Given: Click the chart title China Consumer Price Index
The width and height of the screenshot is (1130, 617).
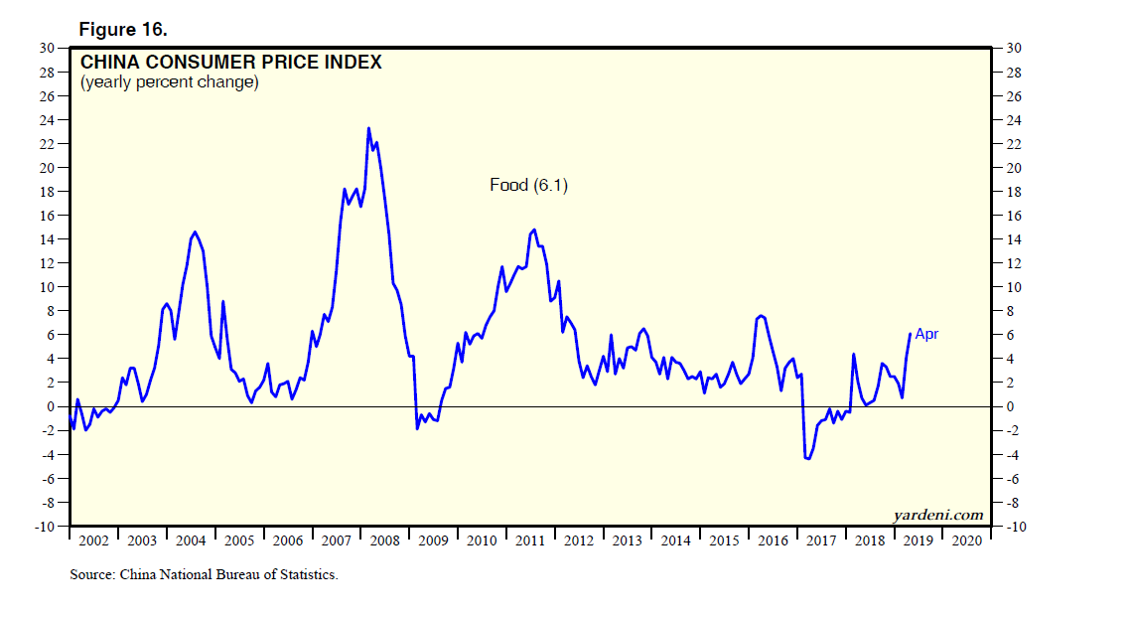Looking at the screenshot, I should tap(230, 63).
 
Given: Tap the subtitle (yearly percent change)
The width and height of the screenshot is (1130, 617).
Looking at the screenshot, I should tap(169, 82).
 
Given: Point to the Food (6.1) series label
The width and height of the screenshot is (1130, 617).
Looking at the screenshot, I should tap(529, 185).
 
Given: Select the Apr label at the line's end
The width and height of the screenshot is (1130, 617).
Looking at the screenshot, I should tap(926, 334).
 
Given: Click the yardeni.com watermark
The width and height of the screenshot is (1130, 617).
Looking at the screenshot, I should tap(938, 514).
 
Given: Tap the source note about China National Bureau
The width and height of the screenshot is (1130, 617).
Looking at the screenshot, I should tap(204, 574).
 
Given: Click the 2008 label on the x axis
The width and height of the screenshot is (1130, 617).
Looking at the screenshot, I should tap(384, 540).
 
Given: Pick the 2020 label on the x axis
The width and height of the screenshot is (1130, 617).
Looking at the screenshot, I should tap(967, 540).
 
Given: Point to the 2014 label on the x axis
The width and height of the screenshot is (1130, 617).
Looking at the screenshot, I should tap(675, 540).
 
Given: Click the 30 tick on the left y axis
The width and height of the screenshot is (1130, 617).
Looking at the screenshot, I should tap(47, 48).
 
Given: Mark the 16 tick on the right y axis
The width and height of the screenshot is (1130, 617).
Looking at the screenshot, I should tap(1012, 216).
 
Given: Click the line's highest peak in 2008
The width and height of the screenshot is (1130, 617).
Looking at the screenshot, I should tap(368, 128).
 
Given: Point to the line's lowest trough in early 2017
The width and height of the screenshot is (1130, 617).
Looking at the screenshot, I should tap(807, 458).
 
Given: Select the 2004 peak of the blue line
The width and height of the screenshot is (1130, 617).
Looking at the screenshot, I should tap(194, 231).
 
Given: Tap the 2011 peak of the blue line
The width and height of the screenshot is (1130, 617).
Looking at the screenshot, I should tap(534, 230).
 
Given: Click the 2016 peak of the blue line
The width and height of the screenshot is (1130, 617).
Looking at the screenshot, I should tap(761, 315).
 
